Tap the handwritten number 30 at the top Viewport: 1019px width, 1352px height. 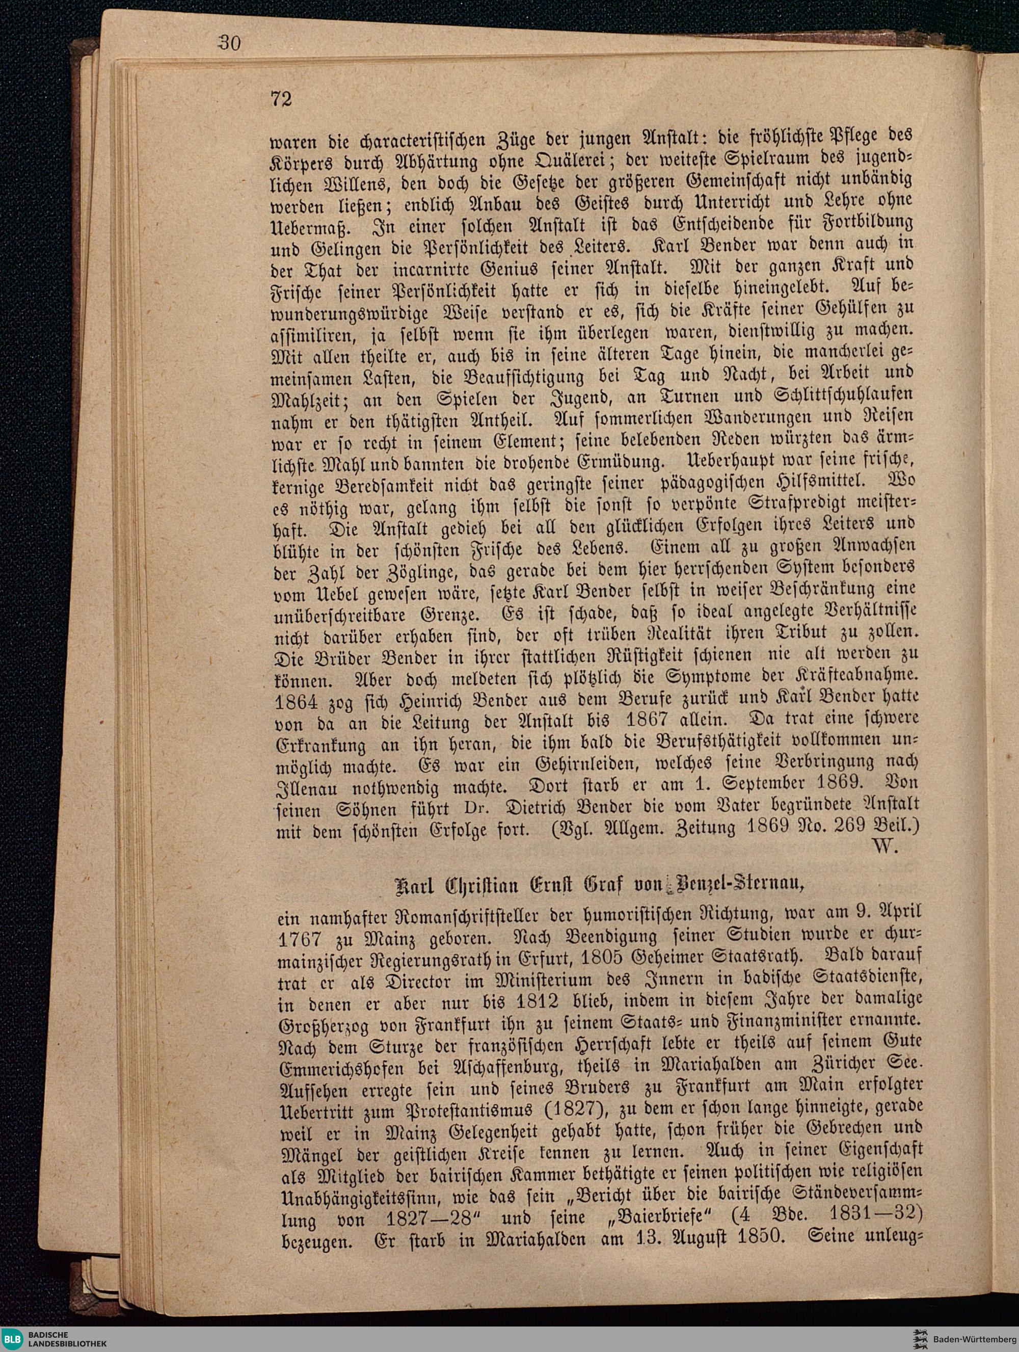click(228, 42)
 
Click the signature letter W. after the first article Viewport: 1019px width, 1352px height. click(885, 846)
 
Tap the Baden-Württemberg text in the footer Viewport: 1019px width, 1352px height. click(974, 1339)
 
